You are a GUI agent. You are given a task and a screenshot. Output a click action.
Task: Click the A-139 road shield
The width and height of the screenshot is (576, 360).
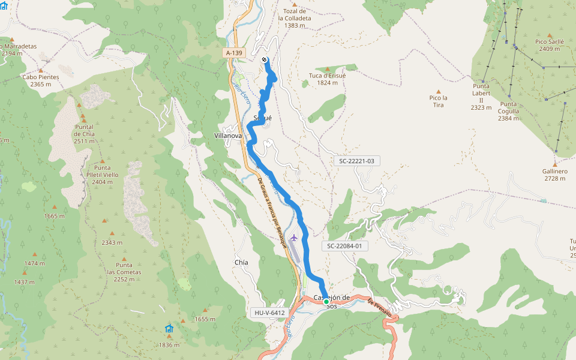coord(234,53)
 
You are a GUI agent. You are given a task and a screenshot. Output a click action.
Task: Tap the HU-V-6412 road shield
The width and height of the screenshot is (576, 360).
coord(268,313)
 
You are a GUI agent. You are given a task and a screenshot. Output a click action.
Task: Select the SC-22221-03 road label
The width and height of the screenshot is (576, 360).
coord(356,161)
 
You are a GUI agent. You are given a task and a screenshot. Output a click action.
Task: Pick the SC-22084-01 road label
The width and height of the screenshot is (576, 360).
coord(344,246)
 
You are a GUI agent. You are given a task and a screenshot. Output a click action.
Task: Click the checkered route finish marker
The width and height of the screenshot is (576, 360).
coord(265,59)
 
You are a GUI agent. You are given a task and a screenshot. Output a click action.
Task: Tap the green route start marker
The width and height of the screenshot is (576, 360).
coord(326,302)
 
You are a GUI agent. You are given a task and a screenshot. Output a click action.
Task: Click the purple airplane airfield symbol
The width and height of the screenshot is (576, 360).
coord(293,238)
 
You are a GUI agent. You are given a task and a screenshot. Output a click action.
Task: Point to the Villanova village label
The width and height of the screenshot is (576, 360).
coord(228,136)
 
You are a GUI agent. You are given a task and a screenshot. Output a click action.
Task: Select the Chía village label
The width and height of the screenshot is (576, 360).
coord(241,263)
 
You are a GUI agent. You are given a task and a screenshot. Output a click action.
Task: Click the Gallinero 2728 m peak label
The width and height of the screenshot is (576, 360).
coord(554,175)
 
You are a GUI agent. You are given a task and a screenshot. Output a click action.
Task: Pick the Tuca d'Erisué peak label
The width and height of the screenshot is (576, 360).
coord(328,79)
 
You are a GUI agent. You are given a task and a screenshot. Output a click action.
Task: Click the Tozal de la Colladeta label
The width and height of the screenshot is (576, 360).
coord(295,18)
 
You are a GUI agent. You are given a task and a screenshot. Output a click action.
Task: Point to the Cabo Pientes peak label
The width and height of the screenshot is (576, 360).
coord(41,80)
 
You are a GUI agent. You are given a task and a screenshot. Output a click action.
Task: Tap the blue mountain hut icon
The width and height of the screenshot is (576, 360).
coord(169,328)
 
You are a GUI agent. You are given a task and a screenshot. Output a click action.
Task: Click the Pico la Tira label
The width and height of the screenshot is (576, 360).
coord(439,101)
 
